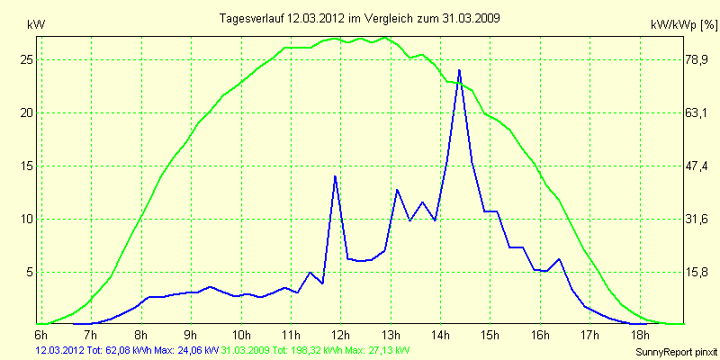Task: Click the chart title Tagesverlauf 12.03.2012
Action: coord(361,18)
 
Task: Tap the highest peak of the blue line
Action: coord(459,70)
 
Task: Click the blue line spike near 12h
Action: coord(335,176)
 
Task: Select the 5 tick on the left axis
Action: coord(28,272)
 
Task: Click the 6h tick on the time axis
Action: coord(40,334)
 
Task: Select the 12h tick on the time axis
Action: coord(340,334)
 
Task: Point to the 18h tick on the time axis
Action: coord(641,334)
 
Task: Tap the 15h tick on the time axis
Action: coord(490,334)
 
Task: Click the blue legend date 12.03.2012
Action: coord(59,348)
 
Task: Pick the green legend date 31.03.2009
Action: coord(247,348)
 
